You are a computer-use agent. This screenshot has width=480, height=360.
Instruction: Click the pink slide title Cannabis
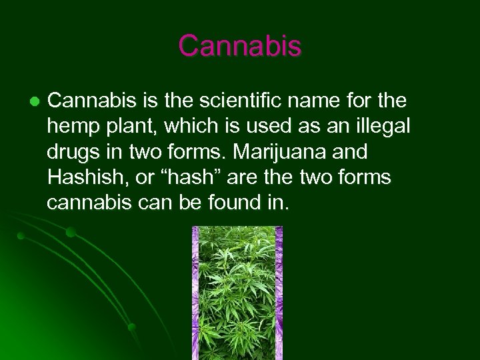[240, 46]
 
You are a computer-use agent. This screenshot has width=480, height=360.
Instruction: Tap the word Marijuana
[264, 152]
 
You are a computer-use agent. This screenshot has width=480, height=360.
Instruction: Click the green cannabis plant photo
[237, 293]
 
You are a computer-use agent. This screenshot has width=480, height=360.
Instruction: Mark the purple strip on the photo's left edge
[196, 293]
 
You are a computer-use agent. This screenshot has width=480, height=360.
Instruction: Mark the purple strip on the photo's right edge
[279, 293]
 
